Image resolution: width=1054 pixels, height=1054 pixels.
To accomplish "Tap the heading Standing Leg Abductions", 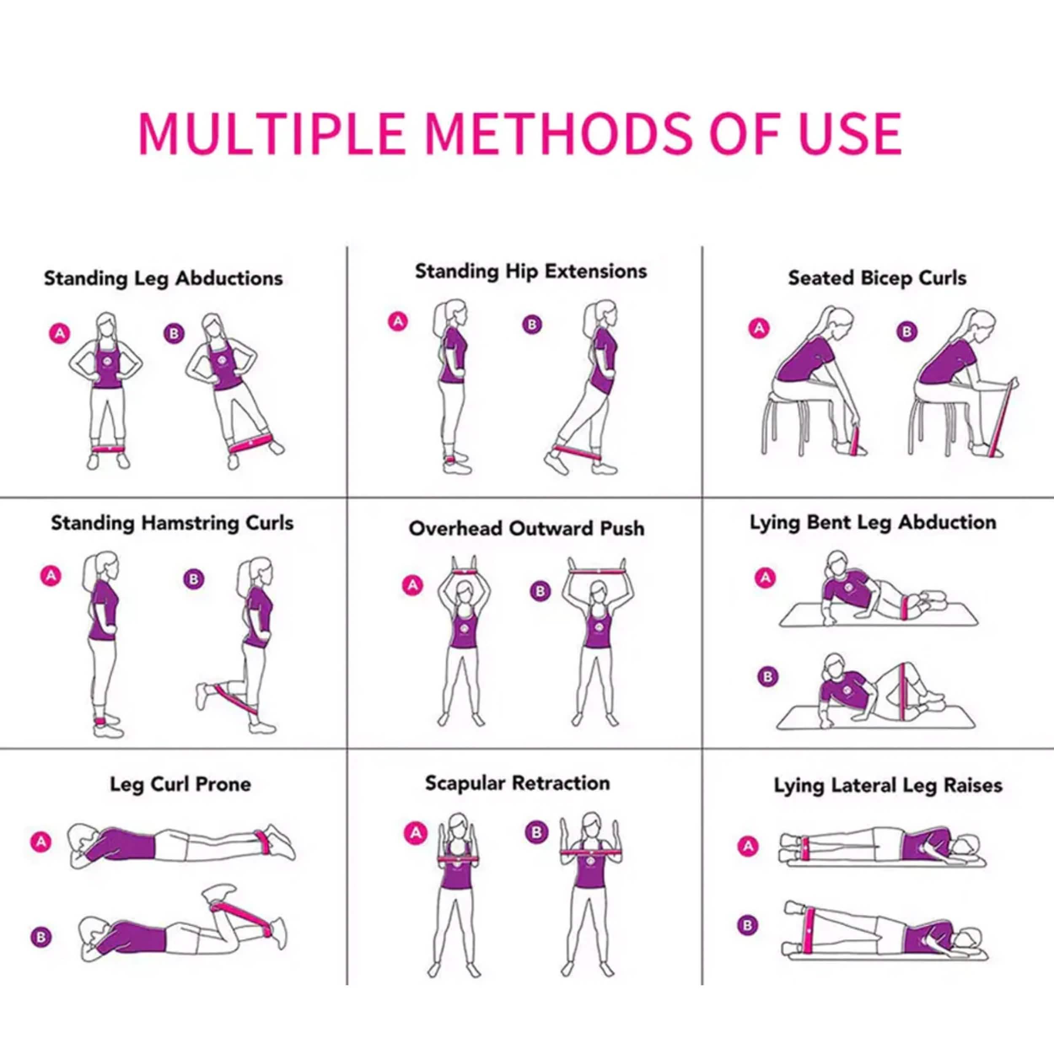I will click(x=163, y=278).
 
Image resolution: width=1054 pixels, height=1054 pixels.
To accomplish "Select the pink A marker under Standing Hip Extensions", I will click(x=398, y=321).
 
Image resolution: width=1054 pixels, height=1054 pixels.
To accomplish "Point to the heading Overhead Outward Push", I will click(x=527, y=528).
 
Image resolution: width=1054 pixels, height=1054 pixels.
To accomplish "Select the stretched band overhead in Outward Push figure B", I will click(x=597, y=571).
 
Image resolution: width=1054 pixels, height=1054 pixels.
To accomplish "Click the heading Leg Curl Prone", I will click(x=180, y=784).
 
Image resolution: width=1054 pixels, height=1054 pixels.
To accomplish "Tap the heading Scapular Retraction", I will click(x=517, y=783).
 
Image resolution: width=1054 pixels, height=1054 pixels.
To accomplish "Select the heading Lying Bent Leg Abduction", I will click(x=873, y=522).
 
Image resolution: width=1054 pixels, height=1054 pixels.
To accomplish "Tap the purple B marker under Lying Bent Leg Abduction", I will click(x=768, y=677).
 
